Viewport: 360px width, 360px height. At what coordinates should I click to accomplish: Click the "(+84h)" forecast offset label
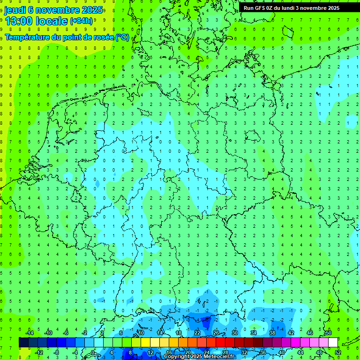pyautogui.click(x=81, y=21)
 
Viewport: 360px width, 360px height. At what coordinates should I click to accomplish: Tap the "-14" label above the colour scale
pyautogui.click(x=29, y=333)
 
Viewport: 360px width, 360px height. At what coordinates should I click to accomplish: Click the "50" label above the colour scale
pyautogui.click(x=328, y=333)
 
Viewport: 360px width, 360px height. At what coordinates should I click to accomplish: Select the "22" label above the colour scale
pyautogui.click(x=197, y=333)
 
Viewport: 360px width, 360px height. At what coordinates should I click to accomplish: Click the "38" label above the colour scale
pyautogui.click(x=272, y=333)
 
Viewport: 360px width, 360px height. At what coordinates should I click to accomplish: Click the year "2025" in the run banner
pyautogui.click(x=333, y=8)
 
